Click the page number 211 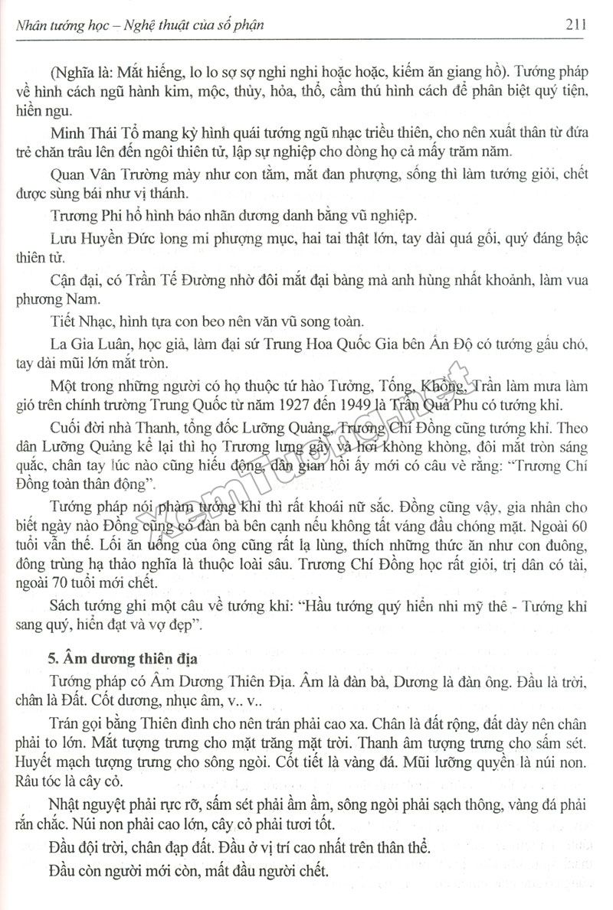[x=576, y=23]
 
